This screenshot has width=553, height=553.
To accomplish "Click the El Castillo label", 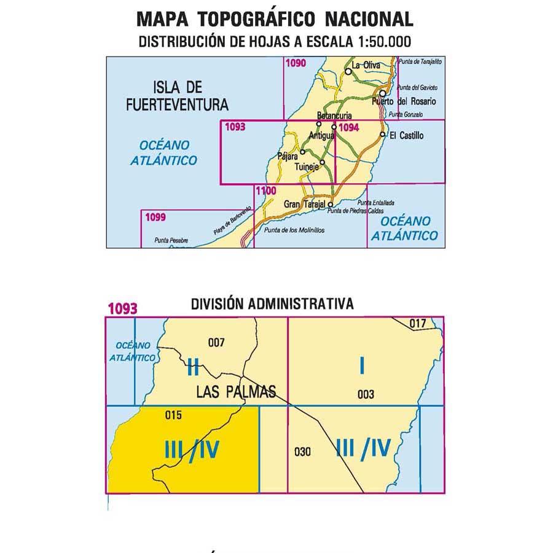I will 407,135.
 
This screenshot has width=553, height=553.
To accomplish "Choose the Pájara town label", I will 288,156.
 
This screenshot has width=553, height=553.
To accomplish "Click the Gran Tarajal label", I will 305,204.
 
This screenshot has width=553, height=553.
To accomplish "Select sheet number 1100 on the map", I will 265,190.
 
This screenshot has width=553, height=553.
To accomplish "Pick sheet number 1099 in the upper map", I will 156,216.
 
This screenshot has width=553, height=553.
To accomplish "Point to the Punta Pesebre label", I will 171,240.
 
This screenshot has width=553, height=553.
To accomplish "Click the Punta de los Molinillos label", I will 293,230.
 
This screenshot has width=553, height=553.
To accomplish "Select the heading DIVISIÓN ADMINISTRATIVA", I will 272,304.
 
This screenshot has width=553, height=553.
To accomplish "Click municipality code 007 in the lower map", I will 217,343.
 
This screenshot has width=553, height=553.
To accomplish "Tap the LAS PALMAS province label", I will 236,391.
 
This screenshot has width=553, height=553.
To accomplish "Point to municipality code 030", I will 303,453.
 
